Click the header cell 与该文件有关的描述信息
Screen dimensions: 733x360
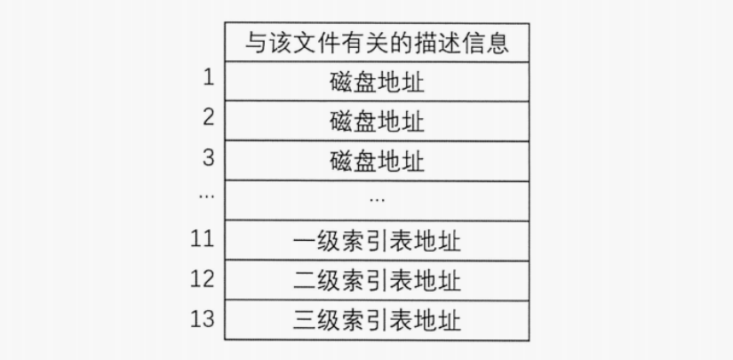click(377, 43)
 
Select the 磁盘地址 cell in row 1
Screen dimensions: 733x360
click(377, 83)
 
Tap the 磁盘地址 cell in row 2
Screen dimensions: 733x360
click(377, 121)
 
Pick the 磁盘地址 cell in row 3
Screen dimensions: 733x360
click(377, 161)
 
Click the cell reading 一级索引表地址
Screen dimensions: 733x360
click(377, 240)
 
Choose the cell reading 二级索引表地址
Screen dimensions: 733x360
click(377, 280)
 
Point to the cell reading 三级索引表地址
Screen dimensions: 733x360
click(377, 319)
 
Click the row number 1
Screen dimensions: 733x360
click(209, 78)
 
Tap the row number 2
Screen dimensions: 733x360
click(209, 117)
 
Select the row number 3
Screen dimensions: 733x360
click(209, 157)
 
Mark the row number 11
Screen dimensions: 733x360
click(203, 238)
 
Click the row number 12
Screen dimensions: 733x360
click(203, 278)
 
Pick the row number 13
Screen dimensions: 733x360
click(203, 317)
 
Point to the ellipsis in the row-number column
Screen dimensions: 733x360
click(207, 196)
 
